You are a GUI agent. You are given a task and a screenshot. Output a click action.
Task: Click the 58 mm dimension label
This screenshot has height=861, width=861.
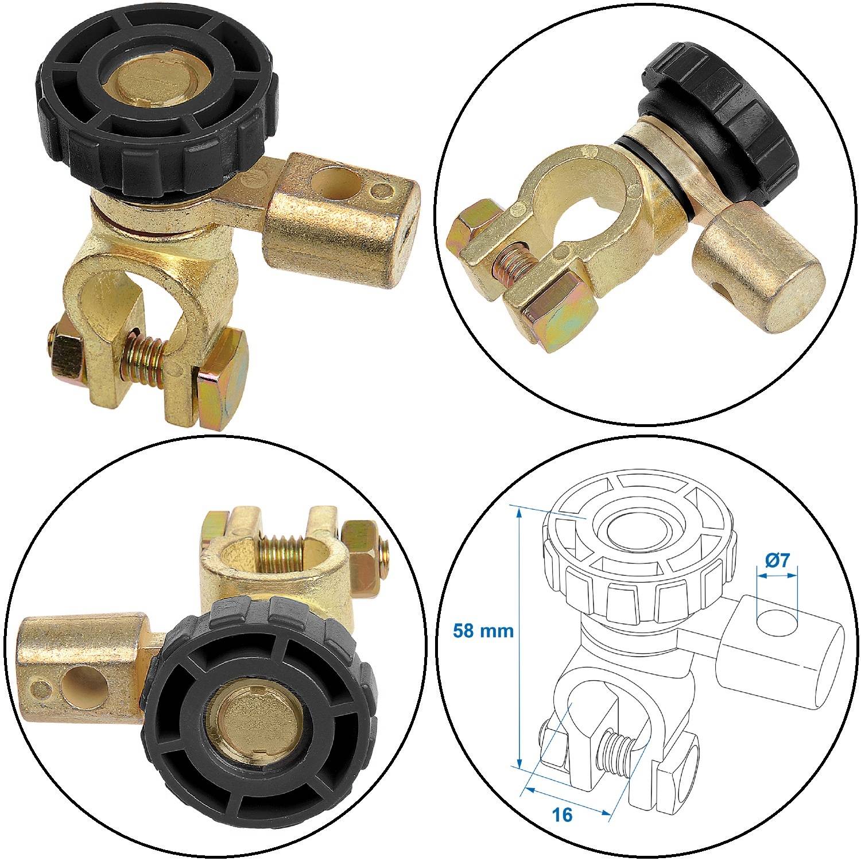coord(483,631)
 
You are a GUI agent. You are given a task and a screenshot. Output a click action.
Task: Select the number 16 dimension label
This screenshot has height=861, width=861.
coord(564,815)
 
